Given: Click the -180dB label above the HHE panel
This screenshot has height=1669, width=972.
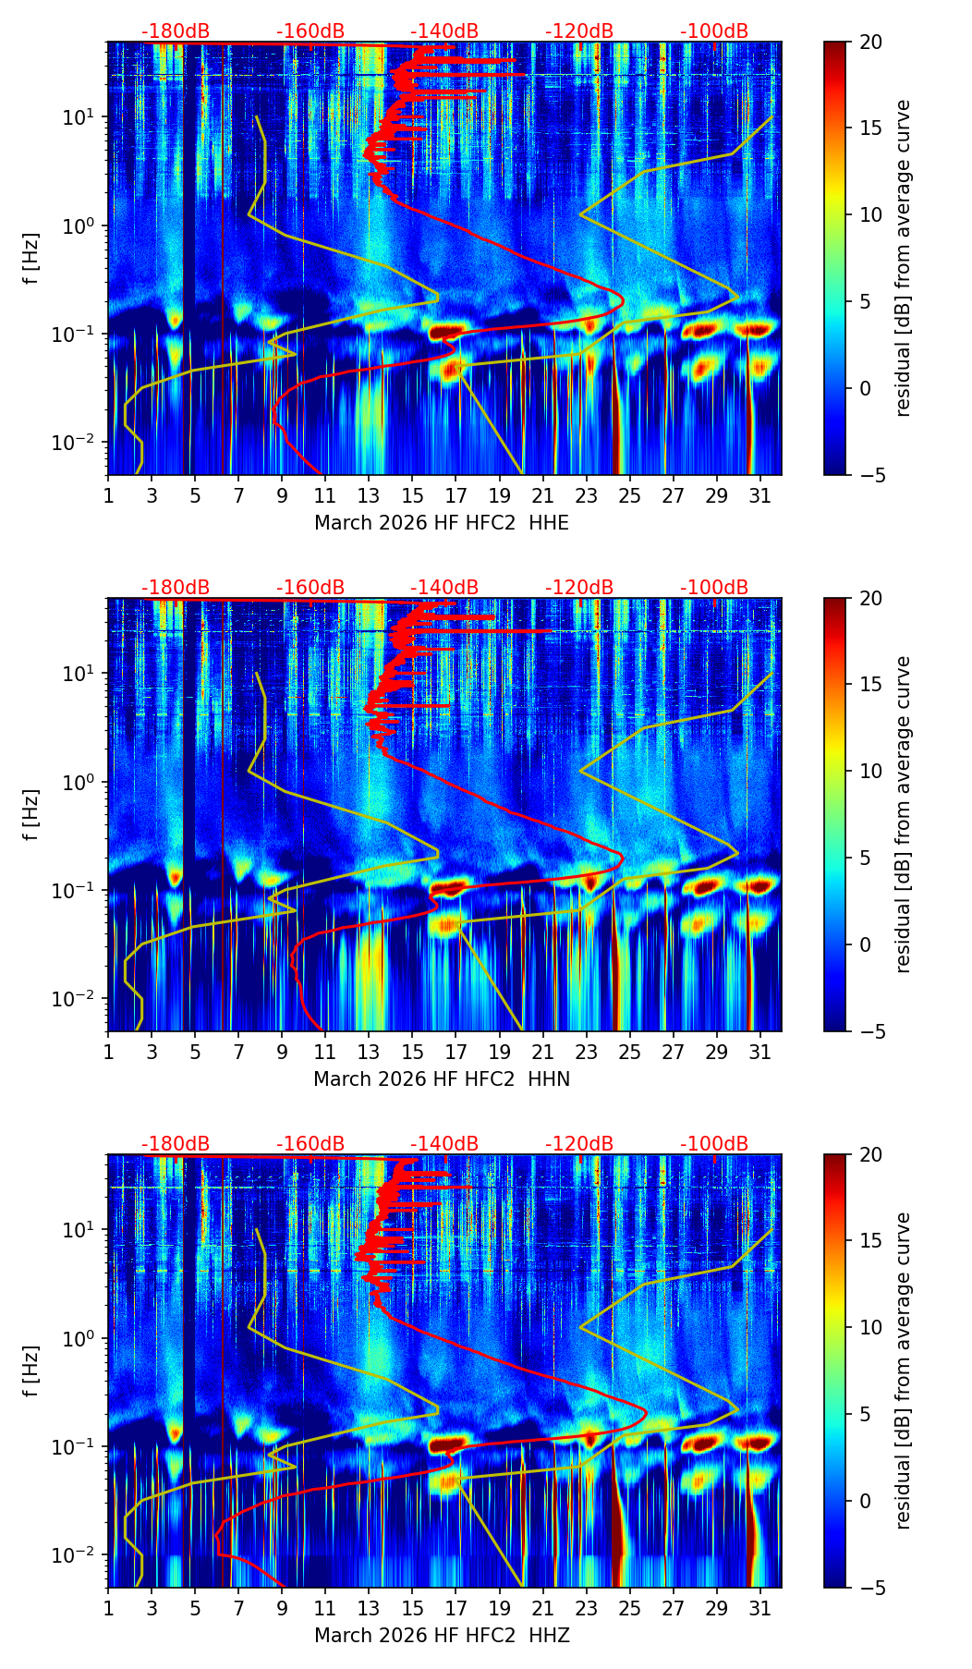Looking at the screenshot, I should click(176, 31).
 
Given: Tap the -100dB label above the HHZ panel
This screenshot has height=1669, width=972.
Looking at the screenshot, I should click(714, 1144).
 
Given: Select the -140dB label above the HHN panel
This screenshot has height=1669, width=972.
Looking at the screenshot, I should click(444, 588).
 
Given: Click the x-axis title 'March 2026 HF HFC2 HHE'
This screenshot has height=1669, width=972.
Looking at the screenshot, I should click(442, 523).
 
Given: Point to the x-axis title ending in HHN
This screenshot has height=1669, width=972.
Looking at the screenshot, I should click(442, 1079).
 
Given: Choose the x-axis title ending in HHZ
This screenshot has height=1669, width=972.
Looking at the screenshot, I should click(442, 1636).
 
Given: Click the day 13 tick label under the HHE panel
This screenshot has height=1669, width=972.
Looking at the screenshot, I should click(369, 496).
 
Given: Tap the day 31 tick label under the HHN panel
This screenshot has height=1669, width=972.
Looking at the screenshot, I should click(759, 1053).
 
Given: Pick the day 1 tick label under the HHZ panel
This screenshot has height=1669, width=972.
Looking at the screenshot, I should click(108, 1609).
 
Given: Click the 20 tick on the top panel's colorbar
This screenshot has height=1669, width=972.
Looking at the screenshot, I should click(870, 43).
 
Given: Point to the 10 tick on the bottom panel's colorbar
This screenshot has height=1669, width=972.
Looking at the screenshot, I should click(870, 1327).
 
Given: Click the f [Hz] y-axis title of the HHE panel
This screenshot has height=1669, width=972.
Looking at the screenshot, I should click(31, 259).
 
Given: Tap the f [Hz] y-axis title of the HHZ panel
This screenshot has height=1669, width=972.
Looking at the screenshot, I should click(31, 1371).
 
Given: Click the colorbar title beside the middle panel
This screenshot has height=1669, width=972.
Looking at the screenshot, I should click(903, 814).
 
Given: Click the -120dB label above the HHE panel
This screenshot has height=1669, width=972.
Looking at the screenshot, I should click(579, 31).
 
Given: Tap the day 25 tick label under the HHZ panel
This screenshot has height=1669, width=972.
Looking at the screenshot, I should click(629, 1609).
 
